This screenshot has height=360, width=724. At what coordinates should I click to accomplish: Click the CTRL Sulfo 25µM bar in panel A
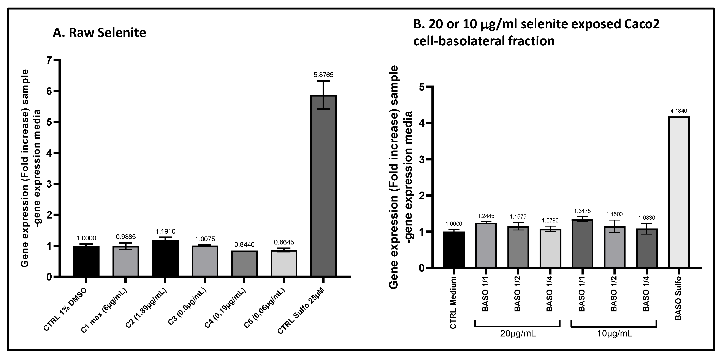(x=323, y=186)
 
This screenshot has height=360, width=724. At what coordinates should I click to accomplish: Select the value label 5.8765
(x=323, y=75)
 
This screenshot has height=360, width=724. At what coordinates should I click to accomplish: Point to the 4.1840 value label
(x=678, y=111)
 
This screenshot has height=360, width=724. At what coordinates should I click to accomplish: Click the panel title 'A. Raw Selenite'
(x=99, y=33)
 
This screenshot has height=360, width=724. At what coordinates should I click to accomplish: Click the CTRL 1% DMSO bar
(x=86, y=261)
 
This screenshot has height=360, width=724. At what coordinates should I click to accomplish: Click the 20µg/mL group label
(x=518, y=334)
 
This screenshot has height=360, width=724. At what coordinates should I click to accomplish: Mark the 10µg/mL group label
(x=614, y=334)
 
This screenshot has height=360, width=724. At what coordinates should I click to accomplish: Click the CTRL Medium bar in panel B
(x=454, y=250)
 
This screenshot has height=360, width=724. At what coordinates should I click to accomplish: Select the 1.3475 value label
(x=582, y=211)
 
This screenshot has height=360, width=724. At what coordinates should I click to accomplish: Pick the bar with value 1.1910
(x=165, y=258)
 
